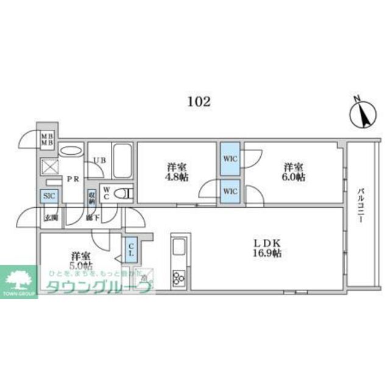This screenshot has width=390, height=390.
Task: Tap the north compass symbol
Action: click(x=361, y=114)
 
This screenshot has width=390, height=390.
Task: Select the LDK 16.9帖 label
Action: click(x=267, y=247)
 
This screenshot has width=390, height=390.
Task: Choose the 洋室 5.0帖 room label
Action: click(x=81, y=260)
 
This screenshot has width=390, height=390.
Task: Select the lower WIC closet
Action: click(x=230, y=191)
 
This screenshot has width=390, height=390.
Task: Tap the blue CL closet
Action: click(x=131, y=250)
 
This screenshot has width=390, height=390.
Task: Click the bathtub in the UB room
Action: click(x=122, y=160)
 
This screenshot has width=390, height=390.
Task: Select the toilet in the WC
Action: click(x=124, y=194)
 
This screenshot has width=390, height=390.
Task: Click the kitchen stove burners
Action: click(x=179, y=278)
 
